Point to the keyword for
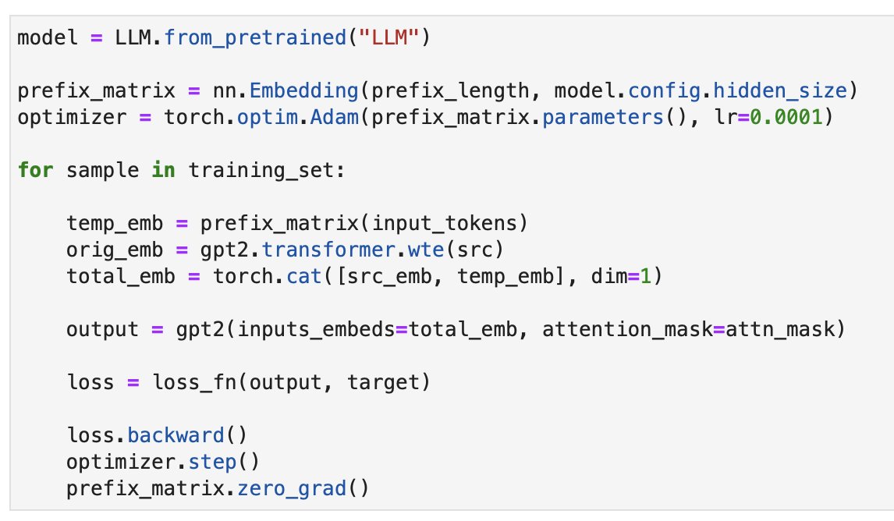[36, 171]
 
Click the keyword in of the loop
[164, 171]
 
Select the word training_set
[261, 171]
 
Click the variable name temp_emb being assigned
[115, 224]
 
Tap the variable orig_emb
[115, 250]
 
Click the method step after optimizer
[212, 463]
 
